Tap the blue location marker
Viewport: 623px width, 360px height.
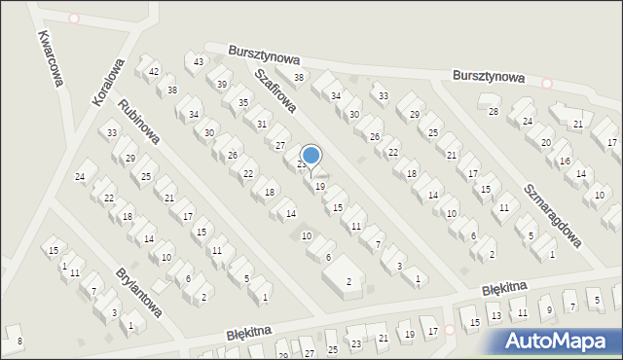[311, 156]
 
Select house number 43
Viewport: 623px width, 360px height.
[199, 62]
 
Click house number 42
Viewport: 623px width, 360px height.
[154, 72]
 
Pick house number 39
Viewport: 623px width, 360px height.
[222, 85]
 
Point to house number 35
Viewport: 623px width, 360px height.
[243, 102]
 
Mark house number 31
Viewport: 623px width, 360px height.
[262, 124]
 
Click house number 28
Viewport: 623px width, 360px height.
[493, 111]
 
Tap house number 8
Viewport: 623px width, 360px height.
[18, 341]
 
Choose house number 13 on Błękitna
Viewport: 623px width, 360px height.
[495, 315]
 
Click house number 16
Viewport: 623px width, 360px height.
[565, 160]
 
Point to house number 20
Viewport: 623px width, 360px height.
[545, 142]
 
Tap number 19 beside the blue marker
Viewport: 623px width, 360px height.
[320, 186]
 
